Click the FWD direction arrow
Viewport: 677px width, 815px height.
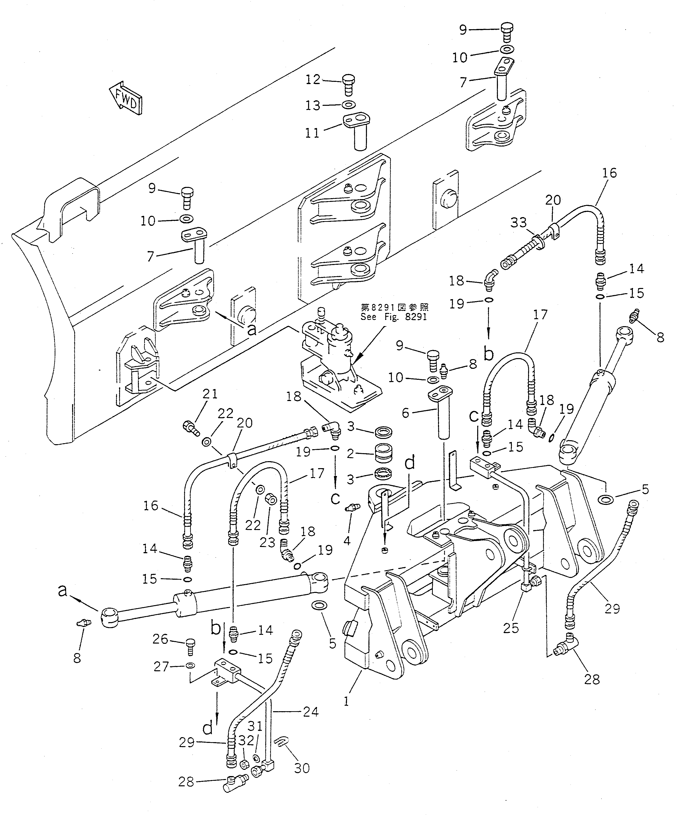(126, 99)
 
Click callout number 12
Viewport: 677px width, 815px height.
(313, 80)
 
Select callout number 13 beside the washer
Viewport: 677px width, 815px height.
(313, 106)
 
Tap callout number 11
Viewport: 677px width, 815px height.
(312, 133)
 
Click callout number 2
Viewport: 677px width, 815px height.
(350, 454)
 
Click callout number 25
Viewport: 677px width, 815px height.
(511, 628)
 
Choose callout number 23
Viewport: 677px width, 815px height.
(267, 543)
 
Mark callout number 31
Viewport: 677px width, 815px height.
(255, 726)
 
